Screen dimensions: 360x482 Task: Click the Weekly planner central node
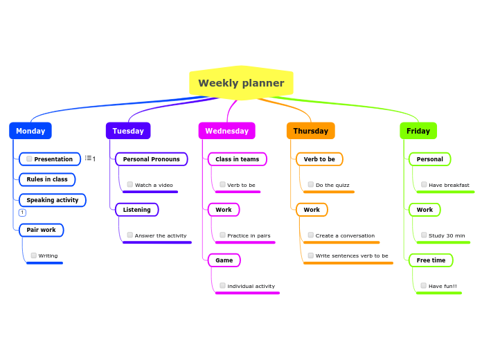pos(241,83)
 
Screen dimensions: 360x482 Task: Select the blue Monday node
pos(30,131)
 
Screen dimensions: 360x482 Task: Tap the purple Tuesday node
pos(128,131)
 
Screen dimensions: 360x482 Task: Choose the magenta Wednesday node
pos(226,131)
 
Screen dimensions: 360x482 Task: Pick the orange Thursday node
pos(310,131)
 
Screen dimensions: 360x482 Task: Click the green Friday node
pos(418,131)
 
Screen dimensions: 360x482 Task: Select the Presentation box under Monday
pos(50,159)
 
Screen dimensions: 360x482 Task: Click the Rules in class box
pos(47,179)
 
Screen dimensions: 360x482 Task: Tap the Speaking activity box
pos(53,200)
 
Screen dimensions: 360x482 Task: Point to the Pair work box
pos(42,230)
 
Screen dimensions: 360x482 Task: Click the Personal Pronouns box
pos(151,159)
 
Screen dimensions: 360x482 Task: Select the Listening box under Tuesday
pos(136,210)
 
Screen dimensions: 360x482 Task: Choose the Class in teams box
pos(237,159)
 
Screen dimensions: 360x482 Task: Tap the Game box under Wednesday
pos(224,260)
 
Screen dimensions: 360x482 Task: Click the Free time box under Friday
pos(431,260)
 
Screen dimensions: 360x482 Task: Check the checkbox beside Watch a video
pos(130,185)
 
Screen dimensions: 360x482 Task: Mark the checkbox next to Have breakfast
pos(424,185)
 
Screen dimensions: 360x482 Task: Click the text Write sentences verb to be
pos(352,255)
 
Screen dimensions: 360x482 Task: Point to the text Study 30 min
pos(447,235)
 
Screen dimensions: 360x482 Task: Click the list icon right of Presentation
pos(89,159)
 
